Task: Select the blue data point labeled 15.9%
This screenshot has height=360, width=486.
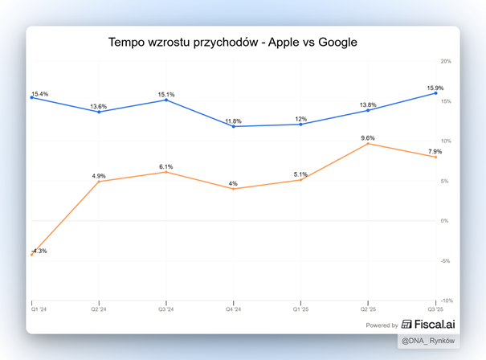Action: pos(435,93)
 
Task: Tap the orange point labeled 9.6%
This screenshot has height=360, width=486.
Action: pos(368,144)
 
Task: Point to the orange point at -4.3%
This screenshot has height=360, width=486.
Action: pos(31,255)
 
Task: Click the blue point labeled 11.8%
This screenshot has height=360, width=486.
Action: pos(234,126)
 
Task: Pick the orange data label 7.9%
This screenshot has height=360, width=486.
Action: pos(435,152)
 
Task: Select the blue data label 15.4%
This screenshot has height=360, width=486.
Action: pos(39,94)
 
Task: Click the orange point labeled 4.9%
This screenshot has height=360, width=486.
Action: pos(99,182)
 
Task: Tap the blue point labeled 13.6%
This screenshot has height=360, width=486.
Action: pos(99,112)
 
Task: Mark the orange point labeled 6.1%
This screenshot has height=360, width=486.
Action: pos(166,172)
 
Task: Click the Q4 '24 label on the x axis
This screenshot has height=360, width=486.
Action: pos(234,308)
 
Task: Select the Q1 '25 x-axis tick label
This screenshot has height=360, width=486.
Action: pos(301,308)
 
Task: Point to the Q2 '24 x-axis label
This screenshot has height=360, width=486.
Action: pos(99,308)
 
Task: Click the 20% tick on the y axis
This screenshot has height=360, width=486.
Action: pos(446,61)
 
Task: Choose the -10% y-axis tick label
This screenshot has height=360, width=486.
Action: pos(446,301)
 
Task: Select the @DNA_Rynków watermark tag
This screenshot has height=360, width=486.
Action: pos(432,342)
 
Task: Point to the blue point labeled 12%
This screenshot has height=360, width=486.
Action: pos(301,125)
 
